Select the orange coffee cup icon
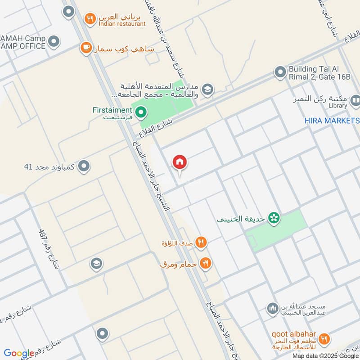(85, 47)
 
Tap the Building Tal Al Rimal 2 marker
(280, 72)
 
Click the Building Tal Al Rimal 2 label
(319, 73)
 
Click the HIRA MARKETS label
(332, 121)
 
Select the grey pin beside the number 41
(83, 167)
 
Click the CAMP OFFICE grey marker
(54, 42)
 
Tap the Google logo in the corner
(19, 353)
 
